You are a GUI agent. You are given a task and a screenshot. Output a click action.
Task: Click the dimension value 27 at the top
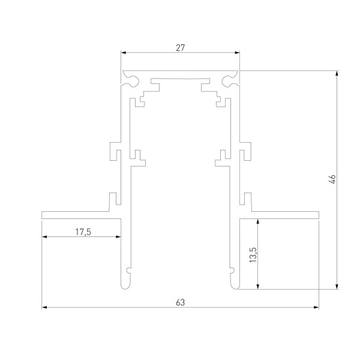tap(180, 47)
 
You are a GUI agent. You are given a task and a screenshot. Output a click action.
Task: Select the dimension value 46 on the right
tap(332, 179)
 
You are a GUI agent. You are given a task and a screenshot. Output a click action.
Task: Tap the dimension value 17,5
tap(83, 232)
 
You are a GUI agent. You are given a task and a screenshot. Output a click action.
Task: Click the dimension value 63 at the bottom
tap(180, 302)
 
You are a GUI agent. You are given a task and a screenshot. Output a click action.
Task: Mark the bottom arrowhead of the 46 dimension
tap(337, 286)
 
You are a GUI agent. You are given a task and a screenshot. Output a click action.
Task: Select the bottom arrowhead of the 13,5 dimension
tap(258, 286)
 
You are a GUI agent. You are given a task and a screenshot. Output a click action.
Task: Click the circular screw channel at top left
tap(133, 79)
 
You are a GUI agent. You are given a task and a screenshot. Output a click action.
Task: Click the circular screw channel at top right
tap(227, 79)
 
